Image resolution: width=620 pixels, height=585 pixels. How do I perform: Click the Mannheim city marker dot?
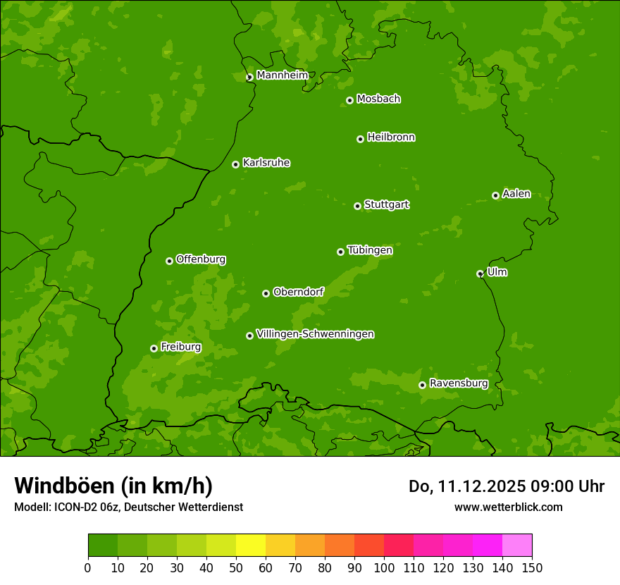click(249, 78)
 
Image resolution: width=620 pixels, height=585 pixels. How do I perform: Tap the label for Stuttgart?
click(386, 205)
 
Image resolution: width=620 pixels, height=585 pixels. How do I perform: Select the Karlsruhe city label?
click(266, 163)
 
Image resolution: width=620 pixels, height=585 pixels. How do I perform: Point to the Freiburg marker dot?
click(154, 348)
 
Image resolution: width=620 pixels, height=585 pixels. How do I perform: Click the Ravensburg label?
click(459, 383)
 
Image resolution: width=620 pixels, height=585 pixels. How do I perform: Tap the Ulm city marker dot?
click(480, 273)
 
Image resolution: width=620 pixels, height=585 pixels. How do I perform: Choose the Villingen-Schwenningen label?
click(315, 334)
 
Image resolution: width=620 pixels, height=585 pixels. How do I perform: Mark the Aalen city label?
click(516, 194)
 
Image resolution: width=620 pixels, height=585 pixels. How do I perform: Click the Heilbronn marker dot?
click(360, 139)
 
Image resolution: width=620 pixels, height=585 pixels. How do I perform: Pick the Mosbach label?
click(378, 99)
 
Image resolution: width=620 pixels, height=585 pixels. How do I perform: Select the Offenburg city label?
click(201, 259)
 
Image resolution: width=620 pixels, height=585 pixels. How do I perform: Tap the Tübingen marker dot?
click(340, 252)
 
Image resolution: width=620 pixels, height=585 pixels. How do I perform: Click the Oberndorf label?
click(298, 292)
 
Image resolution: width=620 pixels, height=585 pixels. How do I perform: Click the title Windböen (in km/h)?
click(113, 486)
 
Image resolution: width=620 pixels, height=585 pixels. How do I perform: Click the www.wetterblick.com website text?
click(508, 507)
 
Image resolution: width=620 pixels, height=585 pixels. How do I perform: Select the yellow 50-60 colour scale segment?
click(251, 546)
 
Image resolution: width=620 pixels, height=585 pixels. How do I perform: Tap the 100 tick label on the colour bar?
click(384, 567)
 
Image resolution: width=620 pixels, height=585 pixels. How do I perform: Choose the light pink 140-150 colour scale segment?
click(517, 546)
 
